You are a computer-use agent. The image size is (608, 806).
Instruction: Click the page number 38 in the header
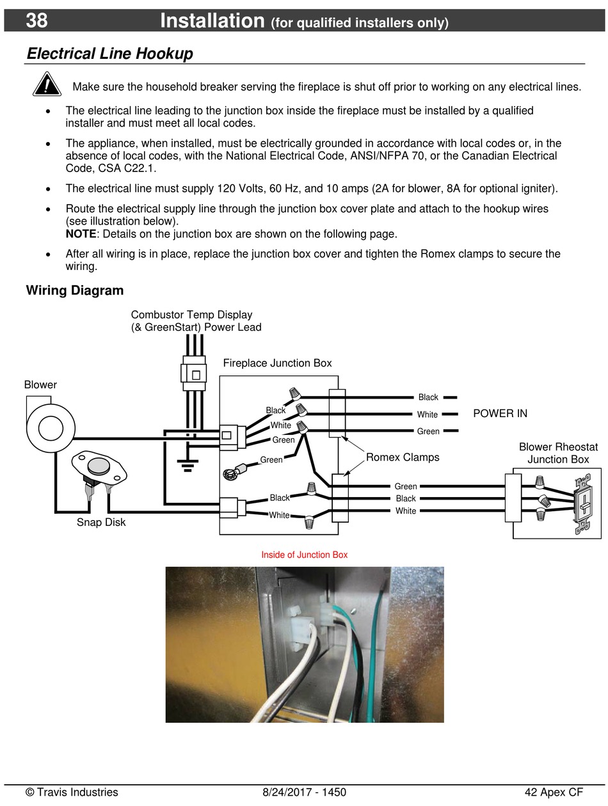(x=36, y=20)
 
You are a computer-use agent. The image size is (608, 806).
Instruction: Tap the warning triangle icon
(x=47, y=85)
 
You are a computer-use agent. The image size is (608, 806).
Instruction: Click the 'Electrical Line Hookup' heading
(x=109, y=54)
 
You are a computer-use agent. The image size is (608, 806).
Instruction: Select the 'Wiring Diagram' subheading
(x=75, y=290)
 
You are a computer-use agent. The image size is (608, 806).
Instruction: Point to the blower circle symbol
(x=51, y=427)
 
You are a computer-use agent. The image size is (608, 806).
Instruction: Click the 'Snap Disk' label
(x=101, y=522)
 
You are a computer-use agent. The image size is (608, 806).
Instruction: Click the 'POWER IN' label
(x=500, y=413)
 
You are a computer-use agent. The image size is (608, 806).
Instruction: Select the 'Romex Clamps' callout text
(x=403, y=457)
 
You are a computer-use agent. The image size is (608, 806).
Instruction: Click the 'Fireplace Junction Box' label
(x=277, y=363)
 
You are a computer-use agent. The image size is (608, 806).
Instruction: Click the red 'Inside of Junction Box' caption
(x=304, y=555)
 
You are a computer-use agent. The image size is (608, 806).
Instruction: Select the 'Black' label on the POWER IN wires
(x=428, y=397)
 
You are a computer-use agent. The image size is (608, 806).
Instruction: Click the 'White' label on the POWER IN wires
(x=428, y=415)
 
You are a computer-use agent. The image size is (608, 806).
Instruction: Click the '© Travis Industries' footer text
(x=72, y=792)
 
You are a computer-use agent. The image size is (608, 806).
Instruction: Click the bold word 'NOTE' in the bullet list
(x=81, y=233)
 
